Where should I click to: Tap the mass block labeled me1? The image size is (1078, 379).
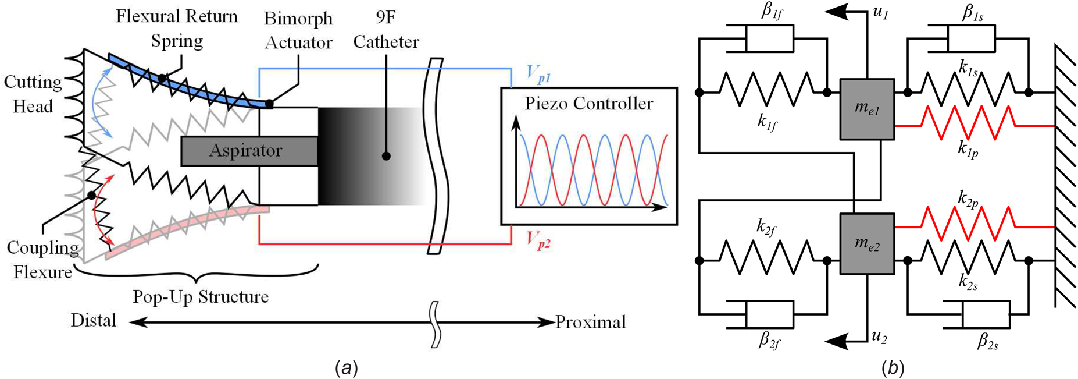pos(867,109)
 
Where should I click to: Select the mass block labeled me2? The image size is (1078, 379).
pos(867,244)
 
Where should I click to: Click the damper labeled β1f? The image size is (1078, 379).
pos(769,38)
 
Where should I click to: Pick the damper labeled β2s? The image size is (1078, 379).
pos(986,315)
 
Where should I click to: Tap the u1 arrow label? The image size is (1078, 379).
pos(881,13)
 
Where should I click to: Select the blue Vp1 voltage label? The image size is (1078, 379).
pos(538,73)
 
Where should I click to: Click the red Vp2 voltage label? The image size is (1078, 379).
pos(538,239)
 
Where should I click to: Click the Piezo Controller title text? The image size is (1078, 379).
pos(588,104)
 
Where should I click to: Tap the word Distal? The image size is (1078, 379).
pos(94,321)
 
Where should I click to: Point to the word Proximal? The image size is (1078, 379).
pos(590,322)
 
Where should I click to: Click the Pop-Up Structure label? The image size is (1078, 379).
pos(201,297)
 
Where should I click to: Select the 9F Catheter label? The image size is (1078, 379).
pos(385,30)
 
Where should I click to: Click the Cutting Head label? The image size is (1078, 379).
pos(33,94)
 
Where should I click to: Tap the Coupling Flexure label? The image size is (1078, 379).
pos(42,260)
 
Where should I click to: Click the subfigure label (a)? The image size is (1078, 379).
pos(347,367)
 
